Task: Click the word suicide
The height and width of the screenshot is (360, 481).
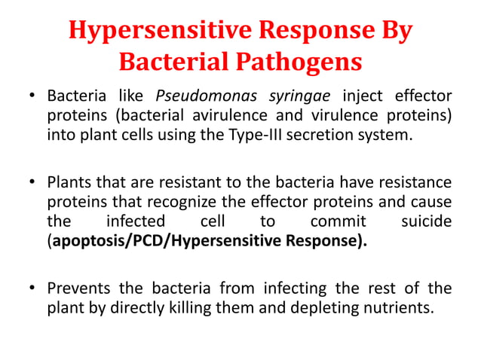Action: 427,223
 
